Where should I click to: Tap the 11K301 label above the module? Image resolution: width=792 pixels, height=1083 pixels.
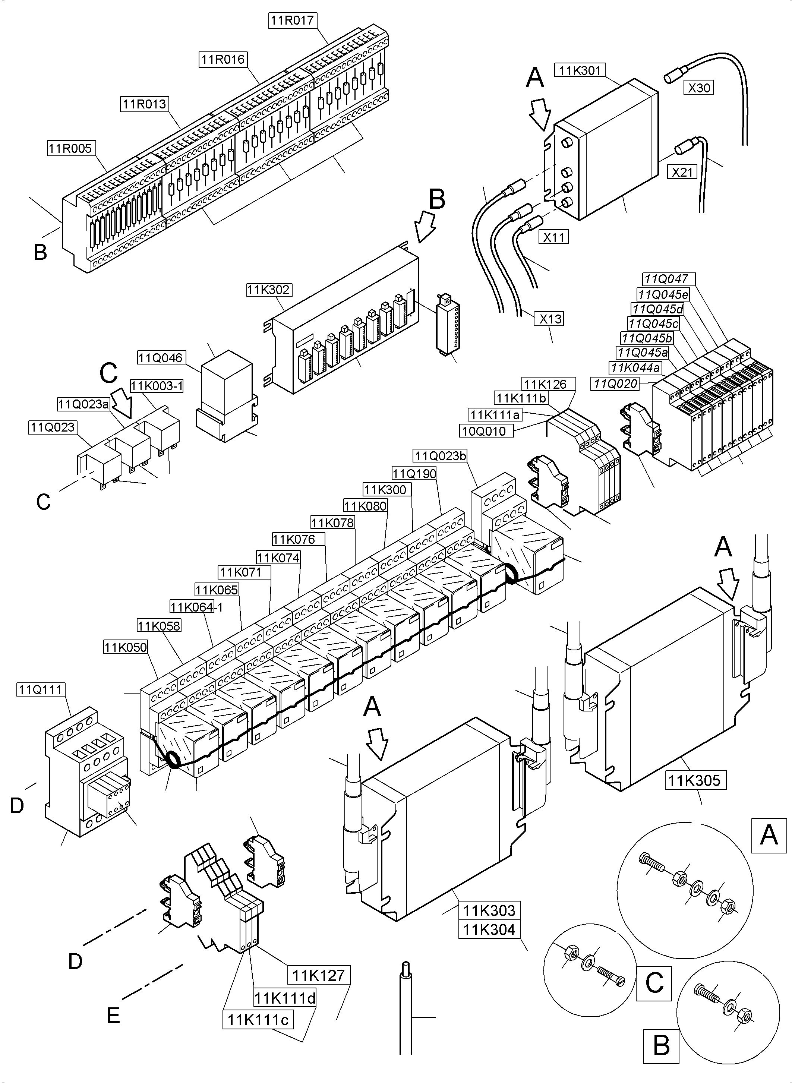580,70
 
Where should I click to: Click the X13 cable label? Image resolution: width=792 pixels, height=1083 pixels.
549,319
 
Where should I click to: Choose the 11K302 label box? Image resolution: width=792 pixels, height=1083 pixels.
268,290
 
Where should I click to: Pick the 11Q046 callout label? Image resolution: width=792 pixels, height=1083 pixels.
161,358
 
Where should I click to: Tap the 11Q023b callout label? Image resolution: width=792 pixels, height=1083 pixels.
440,456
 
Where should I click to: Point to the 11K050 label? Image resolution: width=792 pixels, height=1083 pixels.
126,647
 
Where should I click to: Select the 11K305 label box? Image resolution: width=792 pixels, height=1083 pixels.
695,780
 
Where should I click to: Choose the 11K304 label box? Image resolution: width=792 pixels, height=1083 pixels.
489,929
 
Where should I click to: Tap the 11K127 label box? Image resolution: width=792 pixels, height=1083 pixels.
318,975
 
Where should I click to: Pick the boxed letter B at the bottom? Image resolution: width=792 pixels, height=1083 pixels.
661,1045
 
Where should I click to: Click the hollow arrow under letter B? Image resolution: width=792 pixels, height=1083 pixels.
424,227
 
